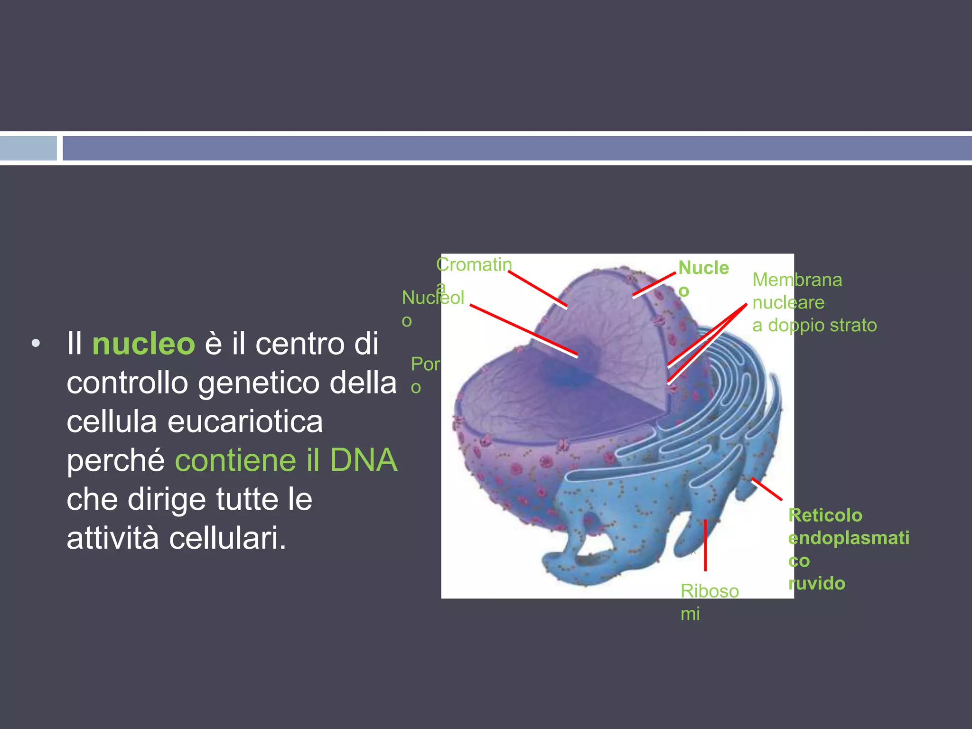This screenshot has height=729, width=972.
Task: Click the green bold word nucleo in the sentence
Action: click(x=143, y=344)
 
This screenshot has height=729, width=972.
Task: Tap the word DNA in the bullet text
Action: click(x=364, y=460)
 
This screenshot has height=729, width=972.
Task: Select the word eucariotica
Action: click(x=245, y=421)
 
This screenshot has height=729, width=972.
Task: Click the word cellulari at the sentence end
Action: click(x=227, y=538)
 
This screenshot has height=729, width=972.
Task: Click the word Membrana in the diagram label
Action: click(x=797, y=280)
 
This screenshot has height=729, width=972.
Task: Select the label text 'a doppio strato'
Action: click(x=814, y=326)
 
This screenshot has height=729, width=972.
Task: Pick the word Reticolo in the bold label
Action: click(x=825, y=515)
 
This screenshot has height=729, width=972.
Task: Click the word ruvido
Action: click(x=817, y=583)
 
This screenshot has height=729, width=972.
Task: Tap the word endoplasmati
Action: click(x=849, y=538)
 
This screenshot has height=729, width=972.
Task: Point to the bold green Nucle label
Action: click(x=703, y=268)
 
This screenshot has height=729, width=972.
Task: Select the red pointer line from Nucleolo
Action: click(x=524, y=330)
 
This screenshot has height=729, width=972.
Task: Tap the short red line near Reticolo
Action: click(x=766, y=489)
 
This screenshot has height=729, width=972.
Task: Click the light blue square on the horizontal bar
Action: click(x=28, y=149)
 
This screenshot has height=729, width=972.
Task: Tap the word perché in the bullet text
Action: click(x=115, y=460)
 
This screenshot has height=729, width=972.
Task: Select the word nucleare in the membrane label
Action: click(x=788, y=303)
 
